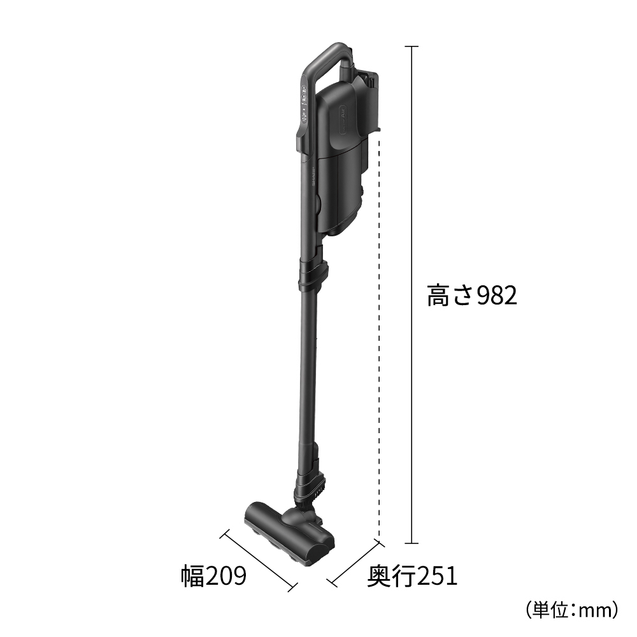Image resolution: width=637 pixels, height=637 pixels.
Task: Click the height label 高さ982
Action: pyautogui.click(x=471, y=296)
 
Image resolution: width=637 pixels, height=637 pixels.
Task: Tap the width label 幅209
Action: pyautogui.click(x=213, y=576)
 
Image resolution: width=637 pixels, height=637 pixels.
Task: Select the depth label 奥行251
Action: pyautogui.click(x=412, y=576)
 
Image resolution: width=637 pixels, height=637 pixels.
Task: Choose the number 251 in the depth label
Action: pyautogui.click(x=436, y=576)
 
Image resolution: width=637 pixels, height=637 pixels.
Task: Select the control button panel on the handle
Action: pyautogui.click(x=304, y=105)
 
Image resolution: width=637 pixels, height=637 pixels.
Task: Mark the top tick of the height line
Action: pyautogui.click(x=412, y=47)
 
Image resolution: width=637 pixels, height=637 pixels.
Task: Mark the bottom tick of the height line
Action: pyautogui.click(x=412, y=543)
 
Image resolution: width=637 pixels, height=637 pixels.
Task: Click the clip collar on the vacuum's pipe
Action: pyautogui.click(x=314, y=272)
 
